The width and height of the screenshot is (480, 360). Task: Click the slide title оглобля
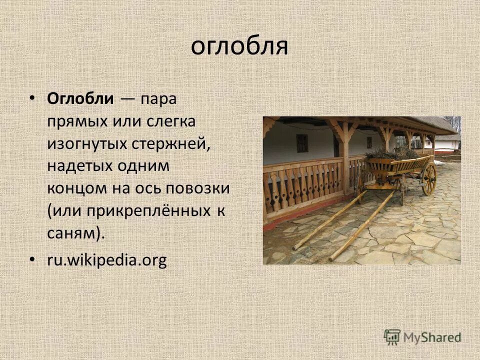[x=239, y=46]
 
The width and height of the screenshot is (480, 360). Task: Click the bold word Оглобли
[x=80, y=98]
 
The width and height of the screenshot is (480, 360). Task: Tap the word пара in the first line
[x=158, y=98]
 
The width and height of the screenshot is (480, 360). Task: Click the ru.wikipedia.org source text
[x=106, y=260]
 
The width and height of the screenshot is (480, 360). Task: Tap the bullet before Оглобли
[x=33, y=98]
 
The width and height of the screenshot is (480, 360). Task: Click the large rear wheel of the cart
[x=429, y=178]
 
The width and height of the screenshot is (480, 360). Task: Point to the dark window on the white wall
[x=302, y=143]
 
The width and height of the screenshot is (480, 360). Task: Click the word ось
[x=147, y=189]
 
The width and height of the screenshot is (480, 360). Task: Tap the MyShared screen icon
[x=392, y=337]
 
